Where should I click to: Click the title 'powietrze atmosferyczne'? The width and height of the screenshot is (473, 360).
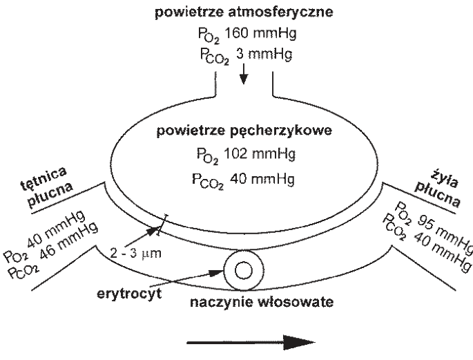(x=244, y=12)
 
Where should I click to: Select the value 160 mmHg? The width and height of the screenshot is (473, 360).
(x=260, y=33)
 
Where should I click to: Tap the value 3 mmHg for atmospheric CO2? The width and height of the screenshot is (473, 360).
(x=264, y=55)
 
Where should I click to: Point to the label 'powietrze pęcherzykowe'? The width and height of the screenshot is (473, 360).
(x=244, y=131)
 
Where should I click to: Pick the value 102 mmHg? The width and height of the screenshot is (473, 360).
(x=260, y=154)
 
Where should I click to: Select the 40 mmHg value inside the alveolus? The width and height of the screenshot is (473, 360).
(x=262, y=179)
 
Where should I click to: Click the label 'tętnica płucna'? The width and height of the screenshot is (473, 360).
(x=47, y=187)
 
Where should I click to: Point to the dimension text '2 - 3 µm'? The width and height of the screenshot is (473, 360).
(x=135, y=253)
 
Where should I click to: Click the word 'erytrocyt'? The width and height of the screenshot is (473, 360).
(x=129, y=294)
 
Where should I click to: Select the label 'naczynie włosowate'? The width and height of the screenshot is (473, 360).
(x=262, y=302)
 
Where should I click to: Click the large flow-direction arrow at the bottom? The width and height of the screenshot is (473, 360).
(x=251, y=343)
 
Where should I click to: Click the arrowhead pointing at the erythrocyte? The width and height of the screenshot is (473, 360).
(x=217, y=273)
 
